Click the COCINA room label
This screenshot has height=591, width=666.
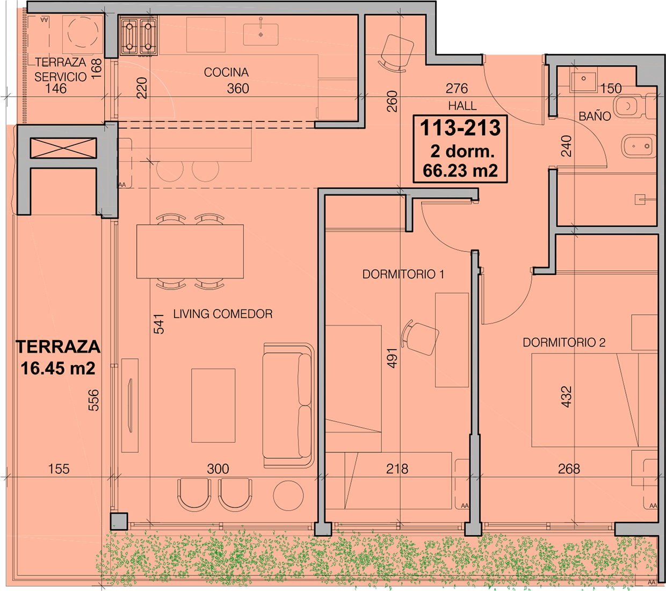(226, 73)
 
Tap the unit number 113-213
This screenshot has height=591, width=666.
(460, 128)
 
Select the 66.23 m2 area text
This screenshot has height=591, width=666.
(460, 171)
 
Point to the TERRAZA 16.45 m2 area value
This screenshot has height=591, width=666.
(58, 368)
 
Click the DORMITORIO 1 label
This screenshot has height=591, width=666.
(403, 274)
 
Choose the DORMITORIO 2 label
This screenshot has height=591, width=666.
(564, 343)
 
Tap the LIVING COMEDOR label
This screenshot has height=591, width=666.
(223, 314)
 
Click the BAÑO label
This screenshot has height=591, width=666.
(595, 116)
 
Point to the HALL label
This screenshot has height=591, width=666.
(462, 106)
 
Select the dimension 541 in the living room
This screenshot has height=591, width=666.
(159, 324)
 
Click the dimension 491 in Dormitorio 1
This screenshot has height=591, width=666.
(392, 358)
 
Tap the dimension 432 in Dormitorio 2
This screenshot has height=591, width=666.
(567, 397)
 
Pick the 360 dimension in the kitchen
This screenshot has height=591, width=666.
(238, 89)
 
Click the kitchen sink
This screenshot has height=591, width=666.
(260, 34)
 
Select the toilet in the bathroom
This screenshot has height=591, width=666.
(636, 106)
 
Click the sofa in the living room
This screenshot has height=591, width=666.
(288, 405)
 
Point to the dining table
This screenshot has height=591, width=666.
(190, 251)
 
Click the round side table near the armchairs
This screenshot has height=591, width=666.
(288, 495)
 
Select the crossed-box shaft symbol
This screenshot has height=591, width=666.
(63, 148)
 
